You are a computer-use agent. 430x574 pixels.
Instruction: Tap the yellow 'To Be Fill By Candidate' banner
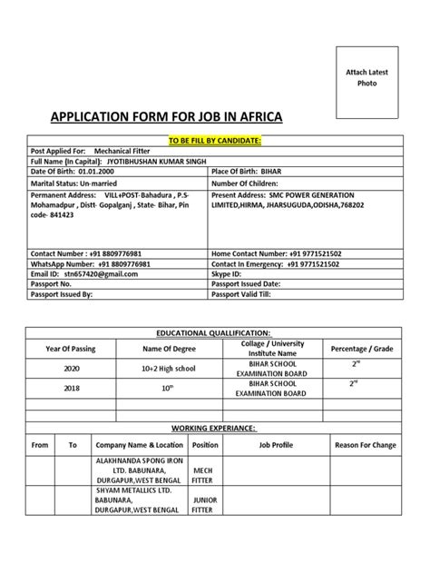tap(216, 142)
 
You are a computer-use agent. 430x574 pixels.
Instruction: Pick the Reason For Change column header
tap(365, 445)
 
